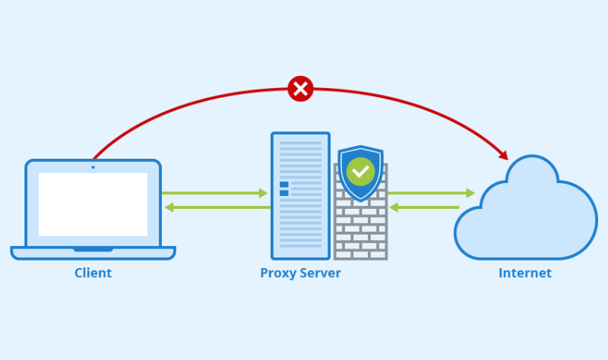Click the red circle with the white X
pos(300,89)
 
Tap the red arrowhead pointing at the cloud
pos(504,155)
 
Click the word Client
pos(93,273)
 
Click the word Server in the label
pos(320,273)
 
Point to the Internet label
pos(525,273)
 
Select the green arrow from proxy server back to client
pos(216,207)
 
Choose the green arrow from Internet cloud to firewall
pos(426,207)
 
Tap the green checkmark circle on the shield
pos(360,171)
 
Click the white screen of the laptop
pos(93,204)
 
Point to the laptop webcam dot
pos(93,167)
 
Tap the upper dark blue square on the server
pos(284,185)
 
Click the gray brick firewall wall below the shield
pos(360,232)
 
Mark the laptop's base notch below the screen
pos(93,249)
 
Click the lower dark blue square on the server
pos(284,194)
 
